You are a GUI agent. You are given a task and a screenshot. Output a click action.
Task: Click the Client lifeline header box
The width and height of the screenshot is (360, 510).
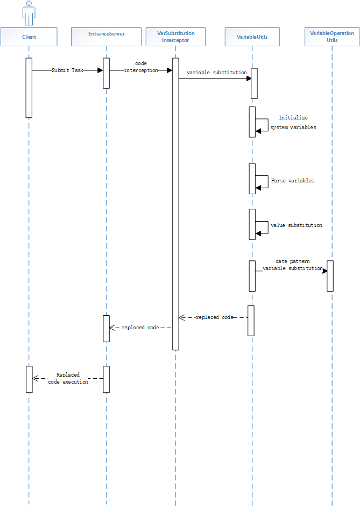pyautogui.click(x=29, y=37)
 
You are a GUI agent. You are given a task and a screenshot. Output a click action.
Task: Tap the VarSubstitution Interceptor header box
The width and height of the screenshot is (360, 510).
pyautogui.click(x=176, y=37)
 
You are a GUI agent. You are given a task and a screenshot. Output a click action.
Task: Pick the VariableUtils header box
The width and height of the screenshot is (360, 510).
pyautogui.click(x=252, y=37)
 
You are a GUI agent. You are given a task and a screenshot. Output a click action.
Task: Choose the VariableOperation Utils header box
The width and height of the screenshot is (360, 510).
pyautogui.click(x=332, y=37)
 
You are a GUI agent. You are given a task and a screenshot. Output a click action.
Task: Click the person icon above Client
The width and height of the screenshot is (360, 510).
pyautogui.click(x=29, y=13)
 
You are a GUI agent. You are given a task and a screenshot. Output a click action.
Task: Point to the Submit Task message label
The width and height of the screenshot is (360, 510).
pyautogui.click(x=67, y=70)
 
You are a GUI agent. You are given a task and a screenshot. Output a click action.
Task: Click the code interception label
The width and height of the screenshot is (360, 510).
pyautogui.click(x=141, y=67)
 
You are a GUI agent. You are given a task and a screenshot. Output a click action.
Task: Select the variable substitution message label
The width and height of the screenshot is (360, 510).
pyautogui.click(x=216, y=72)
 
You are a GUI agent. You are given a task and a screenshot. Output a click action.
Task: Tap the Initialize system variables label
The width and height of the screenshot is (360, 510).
pyautogui.click(x=293, y=123)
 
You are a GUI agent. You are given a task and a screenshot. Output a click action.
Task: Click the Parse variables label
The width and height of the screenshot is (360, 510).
pyautogui.click(x=293, y=181)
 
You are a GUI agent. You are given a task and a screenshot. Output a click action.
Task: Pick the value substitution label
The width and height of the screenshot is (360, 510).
pyautogui.click(x=297, y=225)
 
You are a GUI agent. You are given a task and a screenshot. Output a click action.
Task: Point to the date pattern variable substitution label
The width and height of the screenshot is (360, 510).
pyautogui.click(x=292, y=264)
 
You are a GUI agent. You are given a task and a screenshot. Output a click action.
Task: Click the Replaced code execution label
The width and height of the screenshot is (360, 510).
pyautogui.click(x=68, y=378)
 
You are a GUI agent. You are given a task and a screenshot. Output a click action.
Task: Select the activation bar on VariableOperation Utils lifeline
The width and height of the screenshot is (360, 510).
pyautogui.click(x=330, y=276)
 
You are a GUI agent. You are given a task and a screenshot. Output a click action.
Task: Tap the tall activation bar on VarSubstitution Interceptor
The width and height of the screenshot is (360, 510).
pyautogui.click(x=175, y=204)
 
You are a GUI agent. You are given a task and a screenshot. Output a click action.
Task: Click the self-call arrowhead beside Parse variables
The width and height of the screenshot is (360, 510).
pyautogui.click(x=258, y=187)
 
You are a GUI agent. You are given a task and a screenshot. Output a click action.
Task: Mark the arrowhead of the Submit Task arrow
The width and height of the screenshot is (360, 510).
pyautogui.click(x=100, y=70)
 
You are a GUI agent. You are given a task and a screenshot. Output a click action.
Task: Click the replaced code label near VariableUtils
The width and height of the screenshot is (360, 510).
pyautogui.click(x=214, y=317)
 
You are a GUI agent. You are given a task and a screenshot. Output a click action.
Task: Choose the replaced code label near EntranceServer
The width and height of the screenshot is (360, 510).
pyautogui.click(x=140, y=327)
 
